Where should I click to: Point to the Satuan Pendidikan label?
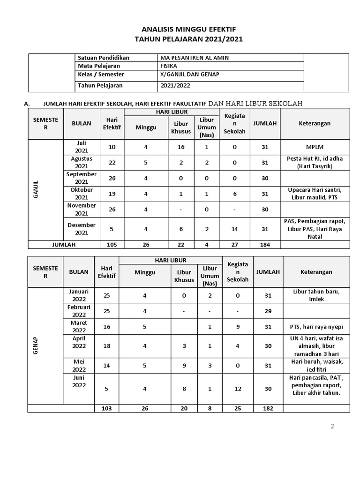click(x=104, y=58)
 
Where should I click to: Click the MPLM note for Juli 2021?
click(x=315, y=147)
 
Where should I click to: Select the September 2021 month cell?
click(x=82, y=178)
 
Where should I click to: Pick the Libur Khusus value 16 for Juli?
click(x=181, y=147)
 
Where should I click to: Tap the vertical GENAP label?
click(x=36, y=345)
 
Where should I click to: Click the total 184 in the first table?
click(x=265, y=244)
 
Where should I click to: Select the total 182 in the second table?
click(x=268, y=409)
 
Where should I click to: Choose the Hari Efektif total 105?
click(x=112, y=244)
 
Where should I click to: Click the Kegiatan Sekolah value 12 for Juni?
click(x=238, y=389)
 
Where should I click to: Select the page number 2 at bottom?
click(x=332, y=426)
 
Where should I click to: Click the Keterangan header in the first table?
click(x=315, y=123)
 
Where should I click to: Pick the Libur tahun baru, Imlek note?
click(x=317, y=295)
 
